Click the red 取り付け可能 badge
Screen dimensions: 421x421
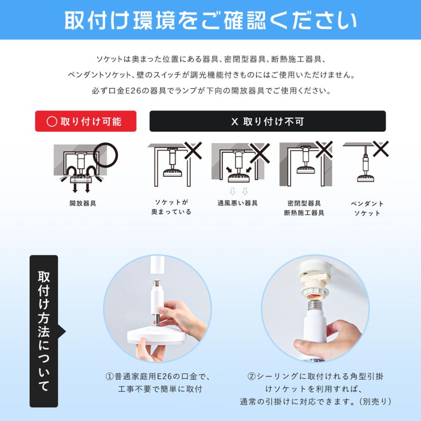click(x=86, y=121)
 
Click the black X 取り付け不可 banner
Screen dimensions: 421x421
click(x=267, y=121)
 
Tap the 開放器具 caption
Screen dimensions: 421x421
click(x=83, y=204)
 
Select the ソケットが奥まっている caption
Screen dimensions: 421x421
click(x=171, y=207)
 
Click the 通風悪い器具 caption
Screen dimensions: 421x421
click(x=238, y=203)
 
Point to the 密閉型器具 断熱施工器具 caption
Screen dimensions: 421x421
click(x=304, y=208)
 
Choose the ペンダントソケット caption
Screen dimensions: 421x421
click(x=367, y=209)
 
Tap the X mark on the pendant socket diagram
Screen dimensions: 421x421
click(x=380, y=150)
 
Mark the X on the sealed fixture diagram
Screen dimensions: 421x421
click(x=324, y=150)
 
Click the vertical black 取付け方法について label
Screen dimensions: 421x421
click(x=44, y=331)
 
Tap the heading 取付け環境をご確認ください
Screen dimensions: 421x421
click(x=210, y=20)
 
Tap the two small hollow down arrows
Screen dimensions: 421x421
click(x=238, y=191)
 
